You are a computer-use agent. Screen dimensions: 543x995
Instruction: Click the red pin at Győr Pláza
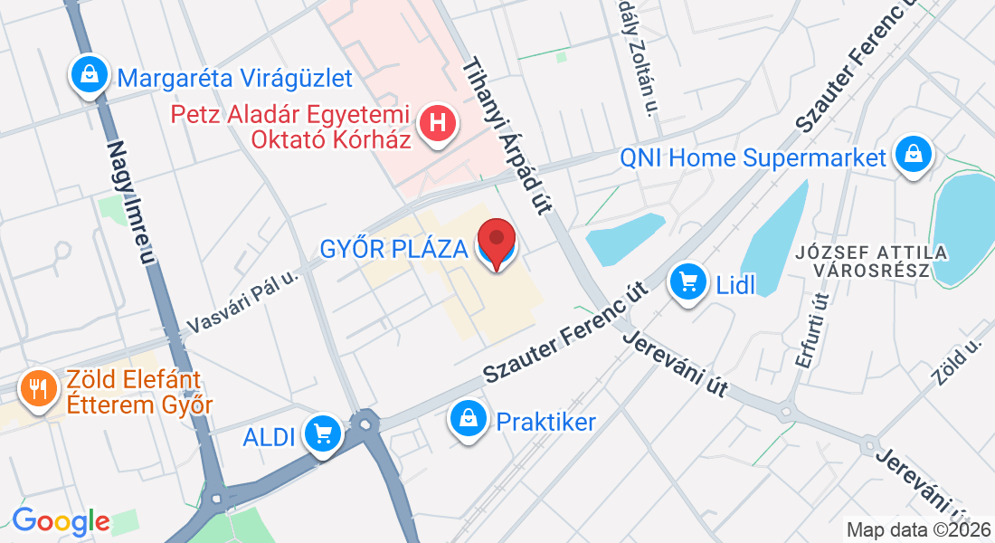click(496, 241)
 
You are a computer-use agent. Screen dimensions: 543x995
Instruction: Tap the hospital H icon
click(439, 125)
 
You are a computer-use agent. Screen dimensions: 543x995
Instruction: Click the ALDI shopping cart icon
click(323, 434)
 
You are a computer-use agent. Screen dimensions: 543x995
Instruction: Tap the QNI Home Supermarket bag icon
click(914, 155)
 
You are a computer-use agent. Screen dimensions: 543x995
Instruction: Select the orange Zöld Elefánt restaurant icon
click(38, 390)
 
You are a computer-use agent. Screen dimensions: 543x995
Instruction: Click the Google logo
click(61, 520)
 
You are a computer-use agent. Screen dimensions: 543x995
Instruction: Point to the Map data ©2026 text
click(918, 529)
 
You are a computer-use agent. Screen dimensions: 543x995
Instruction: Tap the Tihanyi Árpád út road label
click(507, 137)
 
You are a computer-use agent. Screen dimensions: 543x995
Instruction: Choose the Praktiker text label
click(546, 421)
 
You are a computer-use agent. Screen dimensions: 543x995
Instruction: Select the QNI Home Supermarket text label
click(753, 157)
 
